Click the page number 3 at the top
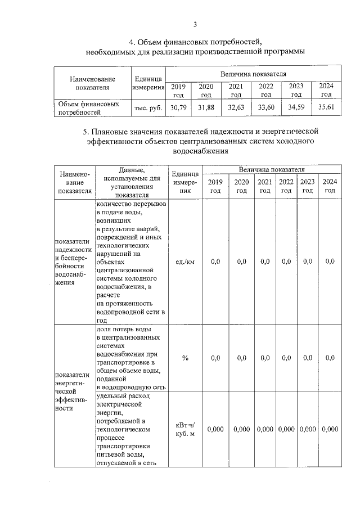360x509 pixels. (x=195, y=24)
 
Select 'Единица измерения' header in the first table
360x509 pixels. (x=148, y=83)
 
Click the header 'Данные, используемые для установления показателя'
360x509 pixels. (x=132, y=182)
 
